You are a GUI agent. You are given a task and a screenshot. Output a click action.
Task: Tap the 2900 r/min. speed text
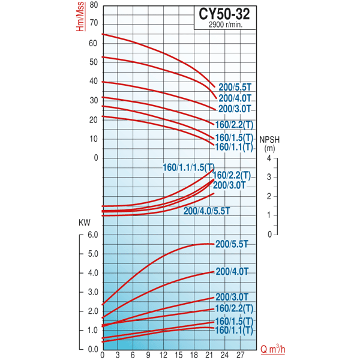point(226,25)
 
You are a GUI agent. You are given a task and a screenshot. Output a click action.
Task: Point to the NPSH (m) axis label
point(270,145)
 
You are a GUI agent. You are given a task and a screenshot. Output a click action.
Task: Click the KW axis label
point(85,223)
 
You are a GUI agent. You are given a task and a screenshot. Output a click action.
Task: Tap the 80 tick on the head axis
point(93,5)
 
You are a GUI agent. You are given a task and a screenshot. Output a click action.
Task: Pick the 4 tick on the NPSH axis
point(269,158)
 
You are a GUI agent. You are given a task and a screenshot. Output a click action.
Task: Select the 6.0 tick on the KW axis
point(91,235)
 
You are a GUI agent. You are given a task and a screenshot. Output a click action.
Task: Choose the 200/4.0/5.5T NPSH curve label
point(207,211)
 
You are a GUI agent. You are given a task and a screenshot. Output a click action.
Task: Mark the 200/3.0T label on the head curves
point(235,109)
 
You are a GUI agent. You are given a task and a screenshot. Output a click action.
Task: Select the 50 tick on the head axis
point(93,62)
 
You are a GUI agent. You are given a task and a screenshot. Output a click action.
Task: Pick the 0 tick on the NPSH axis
point(269,234)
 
